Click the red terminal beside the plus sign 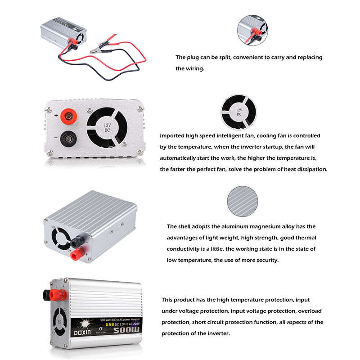(x=68, y=118)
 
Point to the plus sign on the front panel (x=56, y=116)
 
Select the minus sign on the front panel (x=56, y=138)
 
